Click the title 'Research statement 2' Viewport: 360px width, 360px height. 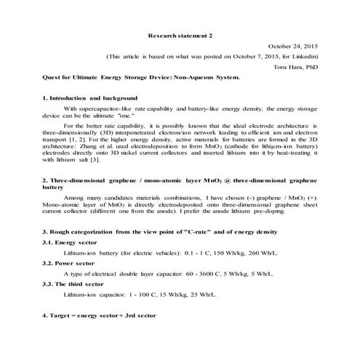[180, 34]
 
